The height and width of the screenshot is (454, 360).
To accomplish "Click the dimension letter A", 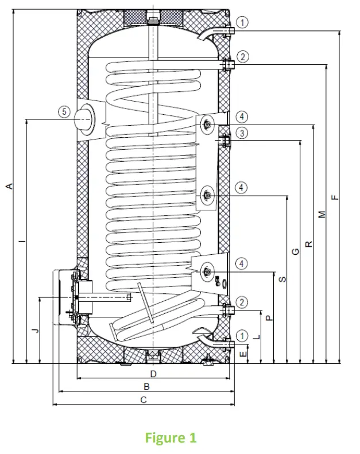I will [x=8, y=186].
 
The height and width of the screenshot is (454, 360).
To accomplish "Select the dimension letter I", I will [x=22, y=242].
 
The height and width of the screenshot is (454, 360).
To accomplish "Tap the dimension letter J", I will [x=34, y=331].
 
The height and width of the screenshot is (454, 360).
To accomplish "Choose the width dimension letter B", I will [x=146, y=387].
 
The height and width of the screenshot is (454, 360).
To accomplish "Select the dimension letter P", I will [x=269, y=317].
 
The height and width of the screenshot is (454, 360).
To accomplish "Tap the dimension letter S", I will [x=282, y=280].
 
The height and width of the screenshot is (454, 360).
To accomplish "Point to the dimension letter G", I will [x=295, y=251].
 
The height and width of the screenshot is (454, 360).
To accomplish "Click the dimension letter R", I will [x=309, y=243].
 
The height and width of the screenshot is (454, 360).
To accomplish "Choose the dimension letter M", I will [x=322, y=214].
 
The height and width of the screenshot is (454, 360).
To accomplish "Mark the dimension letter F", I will [x=335, y=197].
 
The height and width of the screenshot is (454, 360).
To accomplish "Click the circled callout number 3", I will [x=243, y=133].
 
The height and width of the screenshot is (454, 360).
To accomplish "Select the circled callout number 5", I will [x=65, y=111].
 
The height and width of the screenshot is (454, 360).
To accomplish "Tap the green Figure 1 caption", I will [x=171, y=438].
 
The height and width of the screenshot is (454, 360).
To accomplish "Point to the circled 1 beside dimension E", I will [x=243, y=334].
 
